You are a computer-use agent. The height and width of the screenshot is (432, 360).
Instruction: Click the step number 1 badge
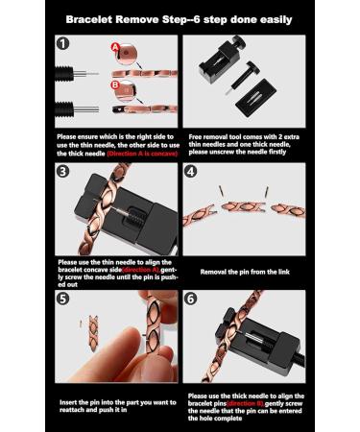pyautogui.click(x=64, y=44)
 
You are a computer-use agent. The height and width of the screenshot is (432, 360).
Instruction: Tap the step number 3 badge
pyautogui.click(x=64, y=173)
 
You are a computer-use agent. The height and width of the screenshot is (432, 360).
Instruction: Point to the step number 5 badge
pyautogui.click(x=64, y=299)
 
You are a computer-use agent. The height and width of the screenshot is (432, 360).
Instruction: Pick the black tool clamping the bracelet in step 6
pyautogui.click(x=230, y=336)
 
